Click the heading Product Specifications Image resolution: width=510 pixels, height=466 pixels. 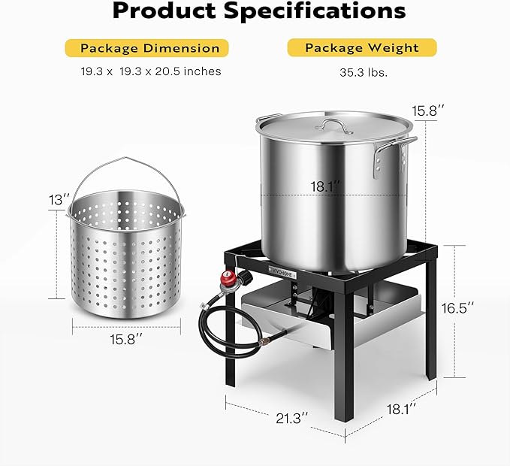click(x=258, y=12)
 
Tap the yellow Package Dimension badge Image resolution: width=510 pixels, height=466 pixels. click(x=150, y=48)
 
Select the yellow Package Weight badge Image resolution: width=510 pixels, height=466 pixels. click(x=361, y=48)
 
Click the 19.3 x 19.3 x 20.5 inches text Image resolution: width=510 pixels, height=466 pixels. click(x=150, y=72)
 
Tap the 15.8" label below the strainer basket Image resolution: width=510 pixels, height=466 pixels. click(x=128, y=339)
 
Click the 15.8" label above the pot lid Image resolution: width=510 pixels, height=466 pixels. click(x=427, y=110)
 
